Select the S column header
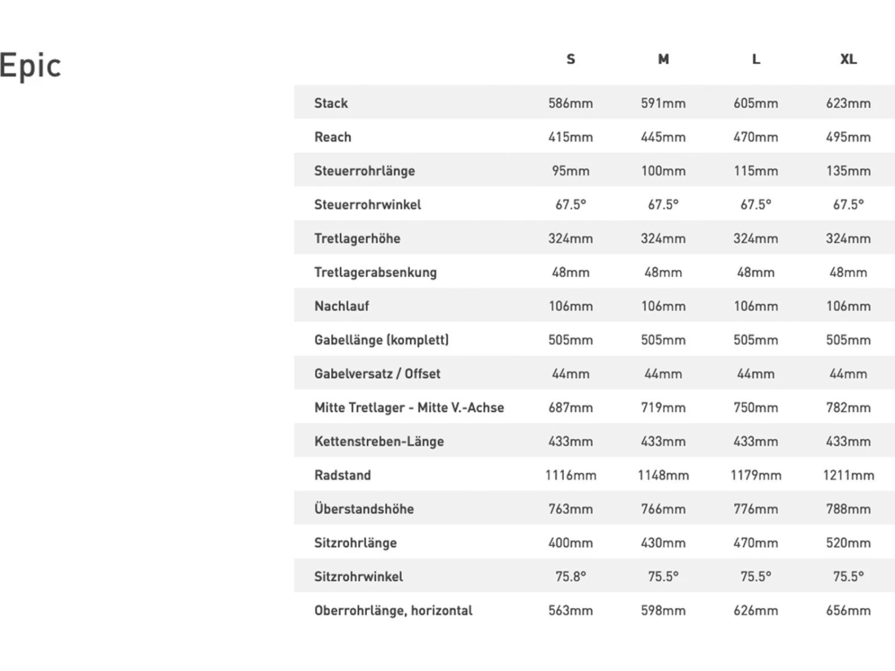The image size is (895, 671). pyautogui.click(x=570, y=59)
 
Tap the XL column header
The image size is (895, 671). pyautogui.click(x=848, y=59)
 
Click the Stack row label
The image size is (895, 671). pyautogui.click(x=331, y=103)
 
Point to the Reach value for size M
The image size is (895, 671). pyautogui.click(x=663, y=137)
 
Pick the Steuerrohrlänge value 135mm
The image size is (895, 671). pyautogui.click(x=848, y=171)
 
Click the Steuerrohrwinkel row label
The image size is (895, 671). pyautogui.click(x=368, y=205)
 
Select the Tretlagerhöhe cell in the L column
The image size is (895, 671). pyautogui.click(x=755, y=239)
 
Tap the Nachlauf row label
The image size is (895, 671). pyautogui.click(x=342, y=306)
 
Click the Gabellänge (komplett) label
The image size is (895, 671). pyautogui.click(x=381, y=340)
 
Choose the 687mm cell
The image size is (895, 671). pyautogui.click(x=570, y=408)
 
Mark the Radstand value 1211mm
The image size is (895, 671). pyautogui.click(x=848, y=475)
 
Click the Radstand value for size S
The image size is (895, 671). pyautogui.click(x=570, y=475)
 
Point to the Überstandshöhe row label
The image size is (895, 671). pyautogui.click(x=364, y=509)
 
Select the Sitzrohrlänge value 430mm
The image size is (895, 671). pyautogui.click(x=663, y=543)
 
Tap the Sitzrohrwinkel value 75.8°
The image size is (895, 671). pyautogui.click(x=570, y=577)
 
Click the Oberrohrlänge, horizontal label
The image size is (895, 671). pyautogui.click(x=393, y=611)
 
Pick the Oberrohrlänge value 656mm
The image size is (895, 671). pyautogui.click(x=848, y=611)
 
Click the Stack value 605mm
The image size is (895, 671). pyautogui.click(x=755, y=103)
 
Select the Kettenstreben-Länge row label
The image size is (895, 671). pyautogui.click(x=379, y=441)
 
